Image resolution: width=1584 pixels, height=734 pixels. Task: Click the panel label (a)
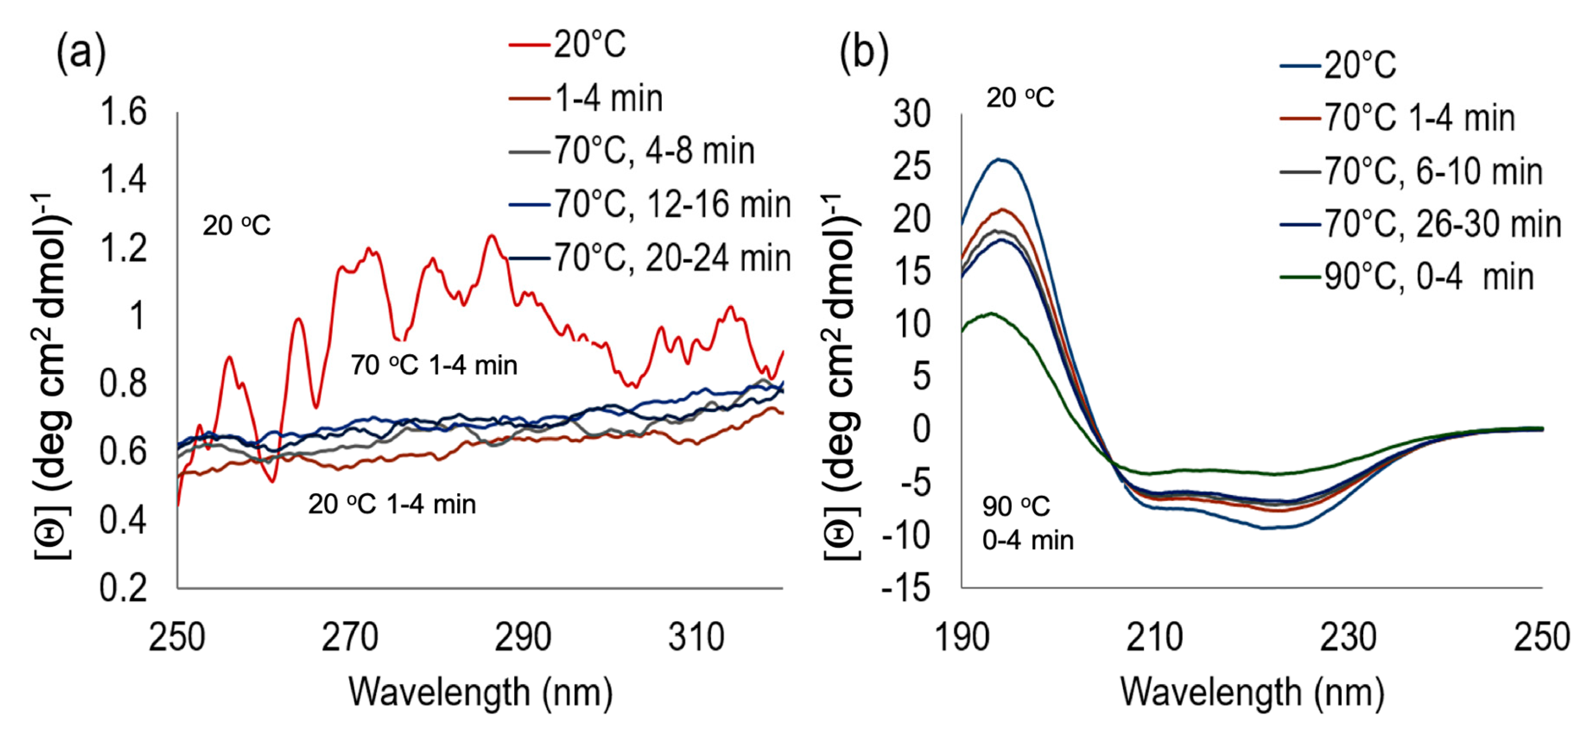(81, 54)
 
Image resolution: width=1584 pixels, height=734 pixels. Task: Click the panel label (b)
(864, 54)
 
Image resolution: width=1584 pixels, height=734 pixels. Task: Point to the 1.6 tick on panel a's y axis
(123, 112)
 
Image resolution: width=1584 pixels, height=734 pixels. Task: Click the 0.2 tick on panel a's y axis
(123, 588)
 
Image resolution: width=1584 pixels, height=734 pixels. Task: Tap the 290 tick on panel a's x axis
(523, 638)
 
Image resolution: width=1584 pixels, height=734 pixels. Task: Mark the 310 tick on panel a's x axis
(696, 638)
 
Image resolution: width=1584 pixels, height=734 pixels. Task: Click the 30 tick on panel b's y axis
(912, 114)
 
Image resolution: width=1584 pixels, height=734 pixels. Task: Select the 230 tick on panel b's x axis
(1348, 638)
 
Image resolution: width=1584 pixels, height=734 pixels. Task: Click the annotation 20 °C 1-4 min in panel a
(392, 505)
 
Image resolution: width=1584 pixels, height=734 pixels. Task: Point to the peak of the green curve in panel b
(991, 313)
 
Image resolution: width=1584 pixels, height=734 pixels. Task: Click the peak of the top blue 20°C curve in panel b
(1000, 159)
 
